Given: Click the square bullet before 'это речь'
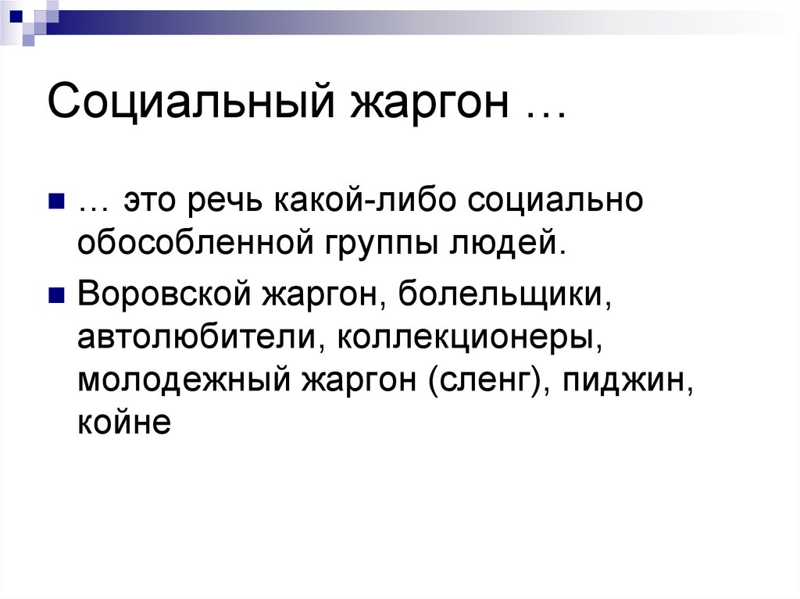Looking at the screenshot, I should coord(55,203).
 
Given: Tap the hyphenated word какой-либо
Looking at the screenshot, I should coord(366,201).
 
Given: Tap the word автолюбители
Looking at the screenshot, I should coord(202,338).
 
